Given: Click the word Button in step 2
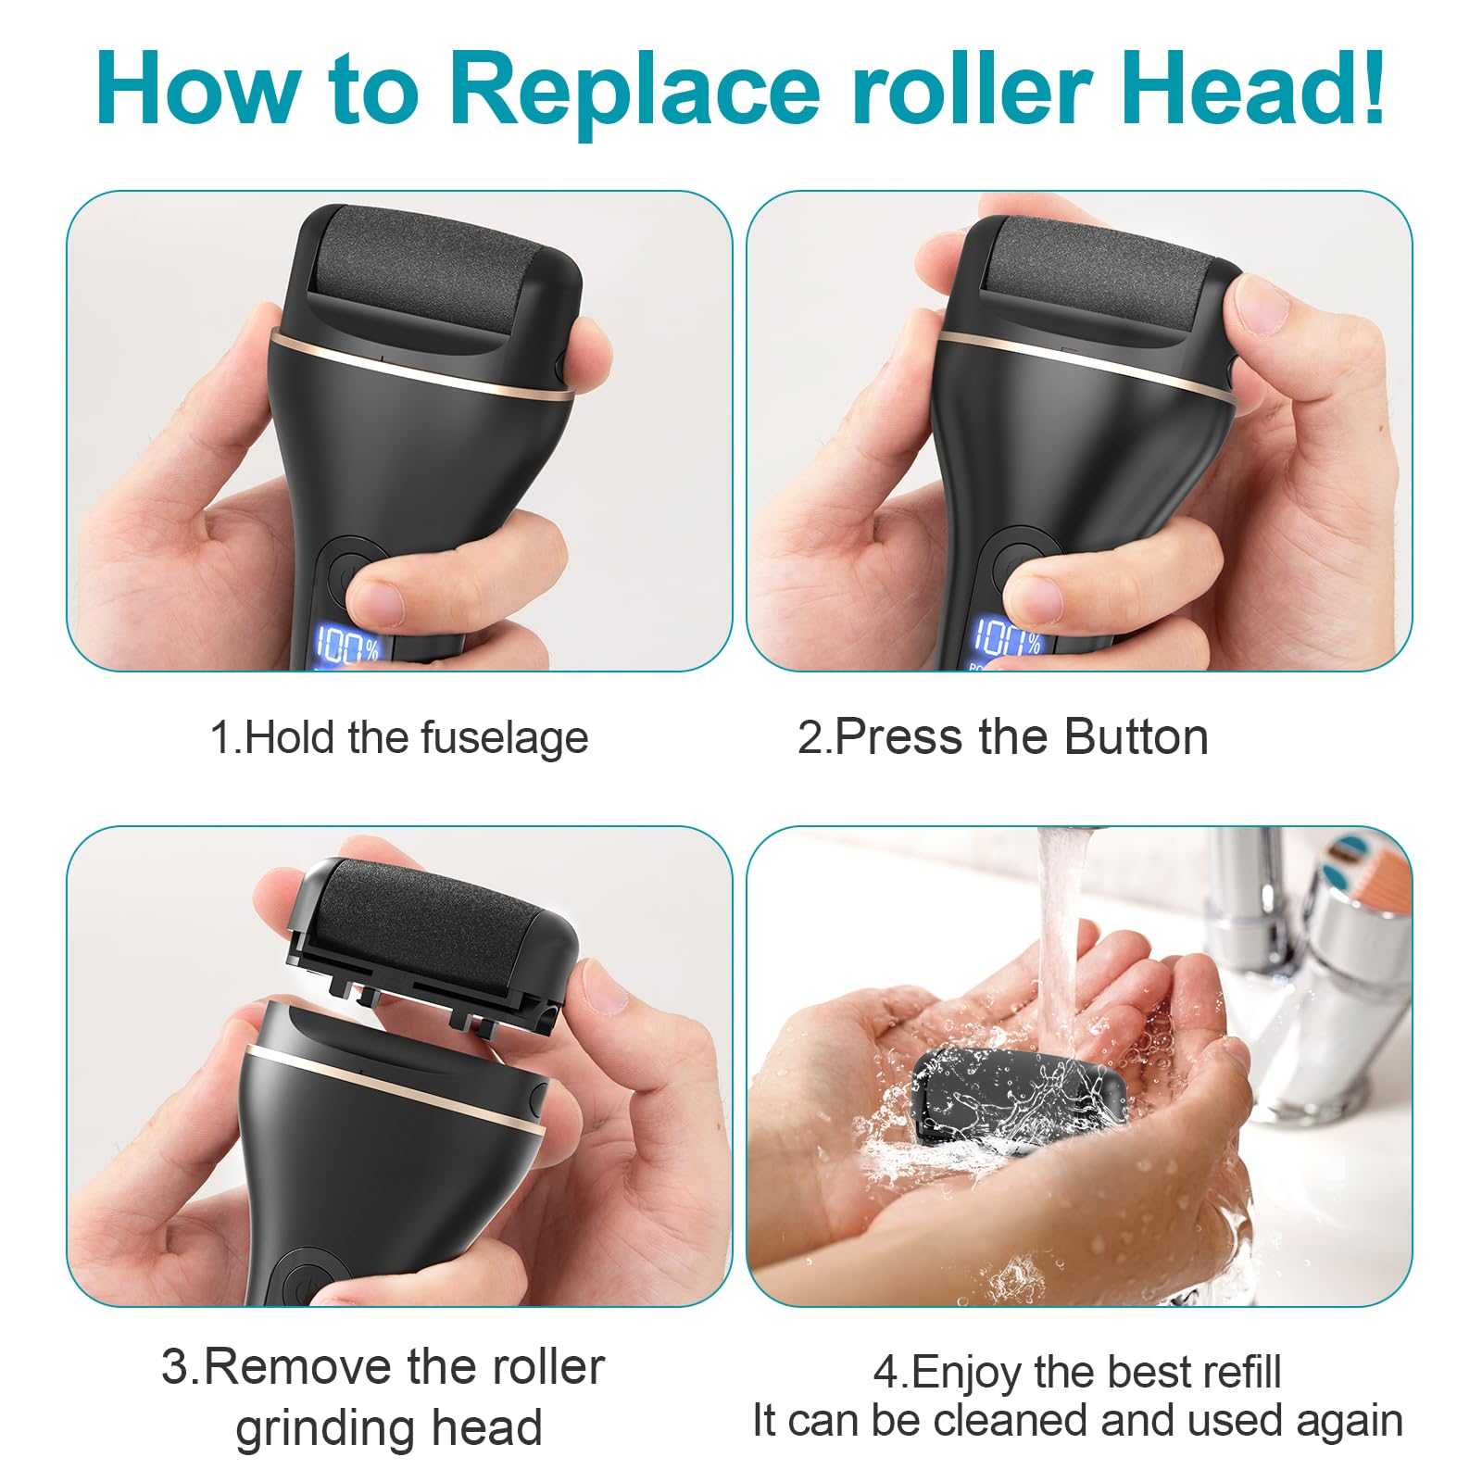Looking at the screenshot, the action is coord(1136,737).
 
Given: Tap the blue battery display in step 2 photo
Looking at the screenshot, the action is coord(1007,639).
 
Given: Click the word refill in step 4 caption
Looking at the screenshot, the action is coord(1242,1372).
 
